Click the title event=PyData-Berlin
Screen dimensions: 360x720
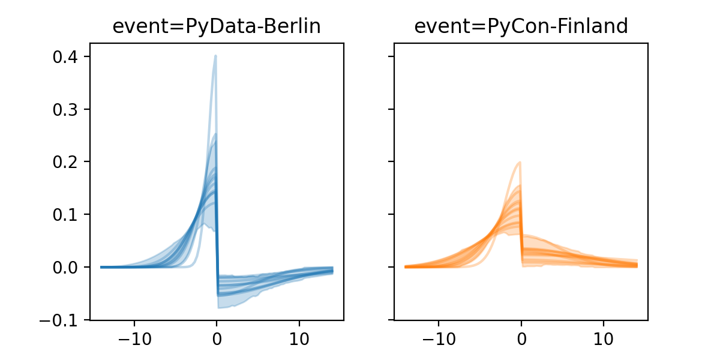coord(217,26)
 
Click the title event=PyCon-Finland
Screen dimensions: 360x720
coord(521,26)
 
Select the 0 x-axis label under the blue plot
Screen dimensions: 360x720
coord(217,337)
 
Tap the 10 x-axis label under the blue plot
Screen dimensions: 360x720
coord(299,337)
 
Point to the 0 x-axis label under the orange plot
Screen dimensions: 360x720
coord(521,337)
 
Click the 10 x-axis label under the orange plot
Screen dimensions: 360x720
coord(604,337)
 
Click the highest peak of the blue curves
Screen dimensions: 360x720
coord(215,56)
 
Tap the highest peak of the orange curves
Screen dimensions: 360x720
coord(520,162)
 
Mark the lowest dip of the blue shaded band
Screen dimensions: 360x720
coord(219,308)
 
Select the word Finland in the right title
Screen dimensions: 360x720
coord(591,26)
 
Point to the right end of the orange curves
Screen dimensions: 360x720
coord(637,265)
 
